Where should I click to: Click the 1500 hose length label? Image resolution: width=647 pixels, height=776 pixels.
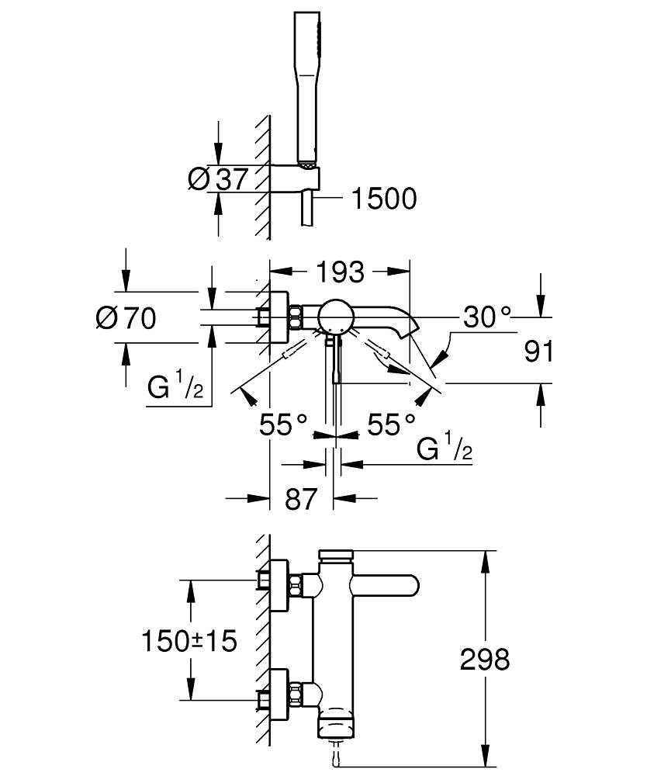coord(384,199)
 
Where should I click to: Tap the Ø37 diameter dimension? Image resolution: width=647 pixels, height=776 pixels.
coord(218,179)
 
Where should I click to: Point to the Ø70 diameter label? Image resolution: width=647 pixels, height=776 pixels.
coord(126,317)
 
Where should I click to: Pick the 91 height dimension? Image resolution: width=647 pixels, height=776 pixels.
coord(538,351)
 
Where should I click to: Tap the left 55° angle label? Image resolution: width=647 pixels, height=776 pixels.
coord(283,424)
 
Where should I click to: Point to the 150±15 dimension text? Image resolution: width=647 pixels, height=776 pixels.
coord(189,641)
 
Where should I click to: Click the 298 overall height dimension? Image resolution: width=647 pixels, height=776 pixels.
coord(485,660)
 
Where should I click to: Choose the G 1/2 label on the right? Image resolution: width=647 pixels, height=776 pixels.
coord(445,449)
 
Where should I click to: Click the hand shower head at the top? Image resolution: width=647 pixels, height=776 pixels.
coord(307,85)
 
